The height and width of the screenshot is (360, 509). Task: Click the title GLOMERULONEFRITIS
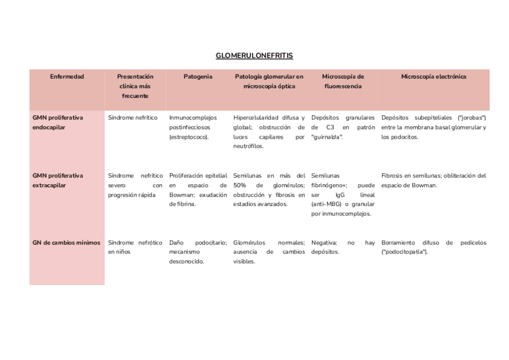point(254,56)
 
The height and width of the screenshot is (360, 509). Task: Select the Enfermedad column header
point(67,77)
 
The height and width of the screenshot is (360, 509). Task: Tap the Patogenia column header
point(197,77)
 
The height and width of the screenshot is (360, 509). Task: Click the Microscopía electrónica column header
point(433,77)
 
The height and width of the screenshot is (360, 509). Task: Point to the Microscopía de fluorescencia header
point(343,82)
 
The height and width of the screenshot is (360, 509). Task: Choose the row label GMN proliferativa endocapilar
point(58,122)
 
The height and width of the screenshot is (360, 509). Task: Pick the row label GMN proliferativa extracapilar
point(58,181)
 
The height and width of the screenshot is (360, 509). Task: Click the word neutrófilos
point(248,146)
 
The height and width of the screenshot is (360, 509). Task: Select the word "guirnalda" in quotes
point(327,137)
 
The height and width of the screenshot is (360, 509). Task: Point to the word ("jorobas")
point(472,118)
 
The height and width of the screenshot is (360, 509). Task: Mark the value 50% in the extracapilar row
point(240,185)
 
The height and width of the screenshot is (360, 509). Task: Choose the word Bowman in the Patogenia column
point(181,195)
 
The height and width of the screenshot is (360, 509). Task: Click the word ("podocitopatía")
point(405,253)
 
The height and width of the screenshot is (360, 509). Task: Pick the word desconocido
point(186,262)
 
